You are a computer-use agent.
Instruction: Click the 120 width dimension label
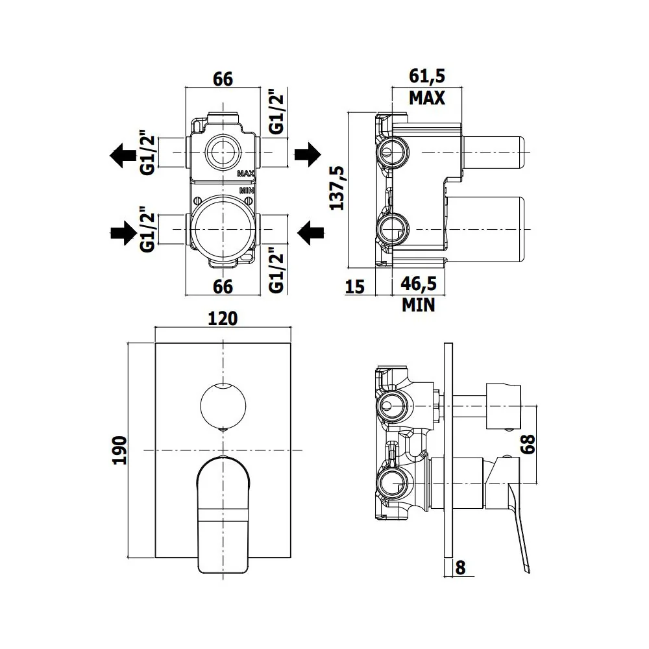(x=223, y=318)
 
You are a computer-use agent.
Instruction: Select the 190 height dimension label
(x=119, y=450)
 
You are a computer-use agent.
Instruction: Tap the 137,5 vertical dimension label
(x=337, y=188)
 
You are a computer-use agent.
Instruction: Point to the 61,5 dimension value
(x=427, y=76)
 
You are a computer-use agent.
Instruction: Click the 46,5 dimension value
(x=419, y=284)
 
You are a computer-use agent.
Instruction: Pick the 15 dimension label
(x=355, y=286)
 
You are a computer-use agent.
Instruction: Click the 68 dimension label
(x=528, y=444)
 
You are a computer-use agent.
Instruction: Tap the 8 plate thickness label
(x=460, y=567)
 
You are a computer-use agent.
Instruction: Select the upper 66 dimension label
(x=223, y=79)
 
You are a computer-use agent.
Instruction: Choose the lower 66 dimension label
(x=223, y=286)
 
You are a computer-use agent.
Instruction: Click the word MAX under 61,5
(x=427, y=98)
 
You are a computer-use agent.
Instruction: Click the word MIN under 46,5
(x=419, y=305)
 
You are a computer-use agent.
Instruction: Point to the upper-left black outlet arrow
(x=123, y=155)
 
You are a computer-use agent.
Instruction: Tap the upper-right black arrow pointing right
(x=308, y=154)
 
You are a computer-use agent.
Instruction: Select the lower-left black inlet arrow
(x=124, y=233)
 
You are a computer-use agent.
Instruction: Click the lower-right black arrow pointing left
(x=310, y=232)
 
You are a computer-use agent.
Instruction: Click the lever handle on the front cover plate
(x=223, y=515)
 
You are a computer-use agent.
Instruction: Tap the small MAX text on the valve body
(x=245, y=173)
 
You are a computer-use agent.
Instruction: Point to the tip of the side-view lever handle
(x=528, y=572)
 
